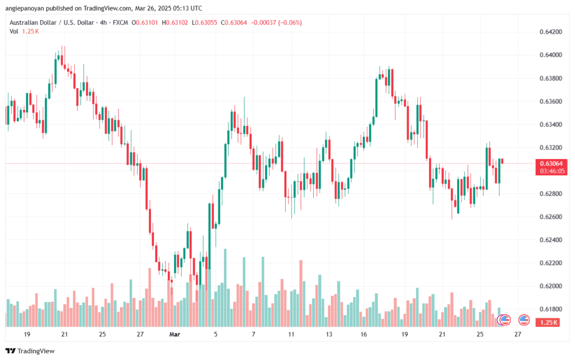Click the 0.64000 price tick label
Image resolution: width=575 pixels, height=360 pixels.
coord(547,54)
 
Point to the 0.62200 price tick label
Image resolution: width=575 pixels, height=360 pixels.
coord(547,263)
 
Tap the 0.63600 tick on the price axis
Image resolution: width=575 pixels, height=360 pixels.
coord(547,101)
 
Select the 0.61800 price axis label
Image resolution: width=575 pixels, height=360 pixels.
coord(547,309)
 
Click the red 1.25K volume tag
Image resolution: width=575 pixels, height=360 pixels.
coord(547,322)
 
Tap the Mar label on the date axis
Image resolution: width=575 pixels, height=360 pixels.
coord(175,334)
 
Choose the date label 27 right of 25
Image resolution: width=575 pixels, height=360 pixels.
coord(517,334)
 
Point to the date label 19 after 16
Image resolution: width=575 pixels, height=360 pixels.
coord(404,334)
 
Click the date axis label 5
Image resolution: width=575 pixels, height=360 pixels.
coord(216,334)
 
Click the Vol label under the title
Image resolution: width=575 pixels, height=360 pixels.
coord(14,31)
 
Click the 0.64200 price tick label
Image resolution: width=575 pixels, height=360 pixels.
coord(547,31)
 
